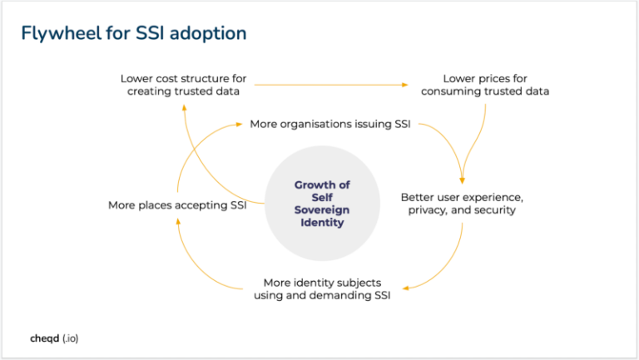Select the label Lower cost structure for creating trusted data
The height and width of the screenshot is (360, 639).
(x=183, y=85)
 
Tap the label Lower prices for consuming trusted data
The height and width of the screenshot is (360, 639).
(x=485, y=85)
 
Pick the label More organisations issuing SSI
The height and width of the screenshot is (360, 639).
(x=330, y=124)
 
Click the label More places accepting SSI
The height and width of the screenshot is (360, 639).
(x=176, y=205)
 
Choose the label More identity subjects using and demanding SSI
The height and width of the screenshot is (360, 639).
(x=322, y=288)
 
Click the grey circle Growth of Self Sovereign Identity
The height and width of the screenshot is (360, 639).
(x=322, y=204)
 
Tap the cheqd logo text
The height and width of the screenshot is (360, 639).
(x=43, y=339)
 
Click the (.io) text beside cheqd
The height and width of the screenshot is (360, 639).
(x=70, y=339)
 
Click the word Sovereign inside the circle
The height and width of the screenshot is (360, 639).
(x=322, y=210)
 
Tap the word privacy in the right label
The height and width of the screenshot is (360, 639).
(x=427, y=210)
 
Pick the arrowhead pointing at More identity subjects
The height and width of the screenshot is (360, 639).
(x=408, y=288)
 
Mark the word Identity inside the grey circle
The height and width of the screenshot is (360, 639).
(x=322, y=223)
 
